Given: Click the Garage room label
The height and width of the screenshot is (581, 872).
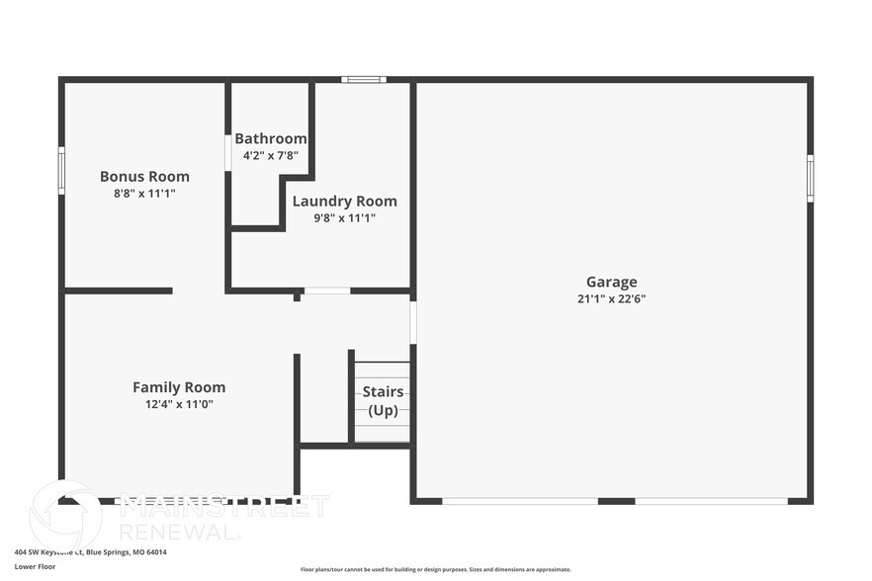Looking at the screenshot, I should (611, 282).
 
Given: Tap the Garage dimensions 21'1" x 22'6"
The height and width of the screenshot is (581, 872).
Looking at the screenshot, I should (611, 298).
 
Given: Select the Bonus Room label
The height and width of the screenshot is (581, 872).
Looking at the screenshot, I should (144, 177).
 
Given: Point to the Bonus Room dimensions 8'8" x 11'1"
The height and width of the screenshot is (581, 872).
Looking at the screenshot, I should (144, 194).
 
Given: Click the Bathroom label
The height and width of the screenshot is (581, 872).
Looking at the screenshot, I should (270, 138).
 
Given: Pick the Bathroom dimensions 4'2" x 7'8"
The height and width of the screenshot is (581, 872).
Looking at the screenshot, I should (270, 155).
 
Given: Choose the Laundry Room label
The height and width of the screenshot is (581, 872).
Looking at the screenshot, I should (344, 201).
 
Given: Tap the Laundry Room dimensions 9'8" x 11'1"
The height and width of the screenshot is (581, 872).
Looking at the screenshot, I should (344, 217).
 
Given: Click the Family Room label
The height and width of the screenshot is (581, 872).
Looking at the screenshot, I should (179, 387).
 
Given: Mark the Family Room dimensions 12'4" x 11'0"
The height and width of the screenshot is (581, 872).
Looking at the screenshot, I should (179, 404).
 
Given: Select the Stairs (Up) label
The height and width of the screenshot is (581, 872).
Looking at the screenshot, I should (383, 400).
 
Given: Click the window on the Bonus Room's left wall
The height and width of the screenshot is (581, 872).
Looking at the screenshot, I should (61, 170).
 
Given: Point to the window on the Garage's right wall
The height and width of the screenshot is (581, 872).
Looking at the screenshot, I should (810, 178).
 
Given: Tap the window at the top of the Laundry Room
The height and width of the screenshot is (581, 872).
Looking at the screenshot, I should (363, 79).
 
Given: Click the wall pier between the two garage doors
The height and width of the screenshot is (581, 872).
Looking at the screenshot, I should (616, 501).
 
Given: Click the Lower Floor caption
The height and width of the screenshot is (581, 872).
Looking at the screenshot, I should (35, 567).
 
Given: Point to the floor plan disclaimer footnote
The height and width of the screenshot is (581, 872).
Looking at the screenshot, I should (435, 569).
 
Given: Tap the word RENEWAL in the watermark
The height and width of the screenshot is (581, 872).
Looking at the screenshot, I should (178, 532).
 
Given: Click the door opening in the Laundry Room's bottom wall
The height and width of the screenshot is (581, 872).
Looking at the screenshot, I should (326, 290).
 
